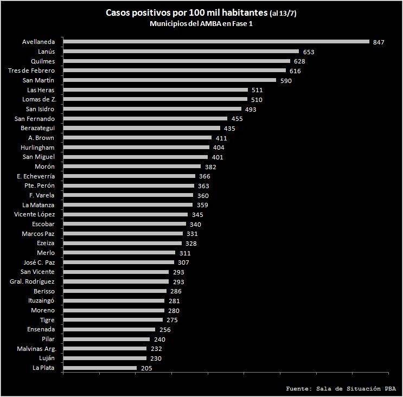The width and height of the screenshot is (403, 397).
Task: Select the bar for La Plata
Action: click(100, 368)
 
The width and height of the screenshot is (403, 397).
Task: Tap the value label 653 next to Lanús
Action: click(309, 52)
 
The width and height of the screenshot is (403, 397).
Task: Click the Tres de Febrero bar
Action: click(174, 71)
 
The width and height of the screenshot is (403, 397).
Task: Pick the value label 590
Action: click(285, 81)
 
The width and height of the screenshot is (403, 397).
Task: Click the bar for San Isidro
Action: click(152, 109)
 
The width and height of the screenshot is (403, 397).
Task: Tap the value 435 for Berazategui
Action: click(229, 129)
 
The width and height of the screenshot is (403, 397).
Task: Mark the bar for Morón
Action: click(132, 167)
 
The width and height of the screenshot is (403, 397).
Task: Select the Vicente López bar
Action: click(125, 215)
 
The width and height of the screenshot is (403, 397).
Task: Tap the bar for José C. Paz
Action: click(118, 262)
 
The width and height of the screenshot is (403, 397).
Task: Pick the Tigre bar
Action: click(113, 320)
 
